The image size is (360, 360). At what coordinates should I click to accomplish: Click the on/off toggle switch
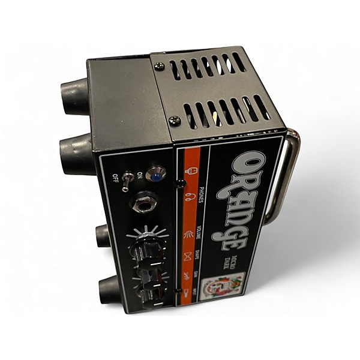[x=126, y=181]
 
